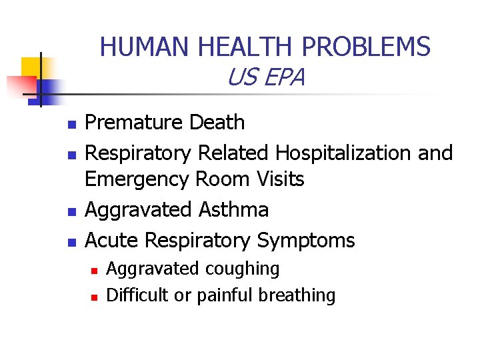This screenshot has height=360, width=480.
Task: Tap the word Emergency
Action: point(137,179)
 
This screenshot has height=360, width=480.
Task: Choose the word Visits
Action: point(278,179)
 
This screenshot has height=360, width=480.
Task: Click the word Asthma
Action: point(234,210)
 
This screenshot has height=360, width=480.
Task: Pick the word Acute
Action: point(113,240)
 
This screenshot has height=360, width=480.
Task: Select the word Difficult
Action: point(137,295)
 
